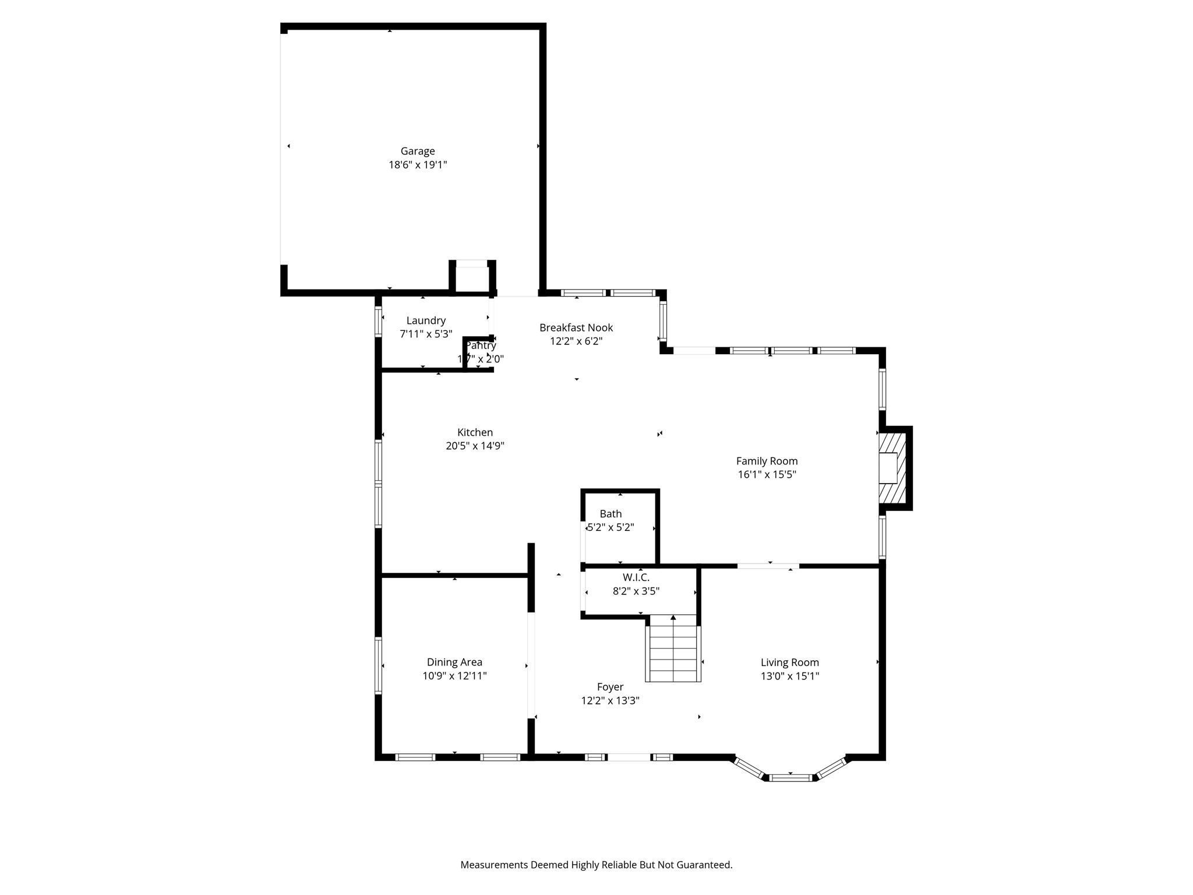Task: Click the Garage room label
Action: pos(417,151)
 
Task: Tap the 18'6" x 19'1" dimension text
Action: pos(417,165)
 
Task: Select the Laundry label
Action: pos(426,320)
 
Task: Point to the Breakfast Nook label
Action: pos(576,328)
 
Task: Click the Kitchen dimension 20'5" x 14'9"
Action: pos(475,446)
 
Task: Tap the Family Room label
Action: pos(767,461)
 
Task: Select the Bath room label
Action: pos(610,514)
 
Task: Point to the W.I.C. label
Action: pos(636,577)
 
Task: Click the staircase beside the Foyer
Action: pos(673,653)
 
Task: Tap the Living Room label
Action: pos(789,663)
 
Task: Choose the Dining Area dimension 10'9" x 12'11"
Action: pos(454,676)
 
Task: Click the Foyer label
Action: pos(610,687)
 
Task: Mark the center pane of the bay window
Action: pos(790,777)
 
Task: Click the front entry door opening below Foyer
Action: pos(629,757)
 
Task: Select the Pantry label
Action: pos(481,346)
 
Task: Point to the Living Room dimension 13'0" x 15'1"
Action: pos(789,676)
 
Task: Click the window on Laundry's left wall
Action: pos(378,322)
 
